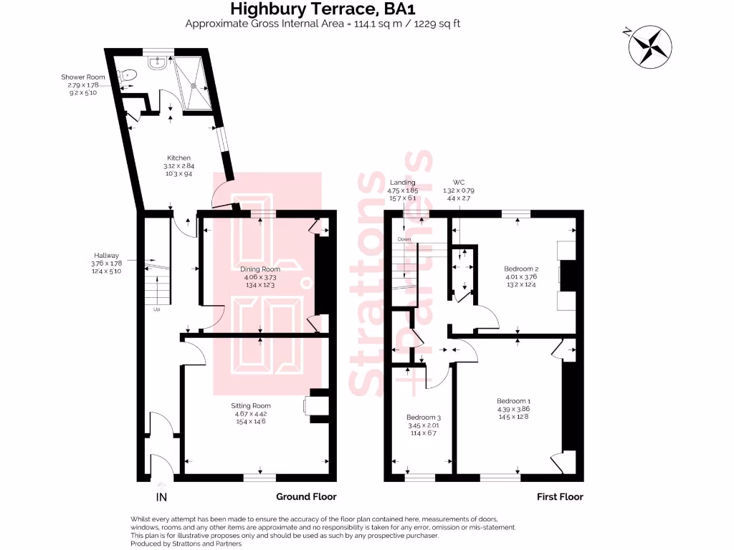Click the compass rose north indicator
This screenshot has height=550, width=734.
(649, 46)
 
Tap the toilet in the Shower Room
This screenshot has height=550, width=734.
(128, 74)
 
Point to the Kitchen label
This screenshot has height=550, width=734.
(178, 158)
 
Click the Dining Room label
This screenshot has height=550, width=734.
(259, 269)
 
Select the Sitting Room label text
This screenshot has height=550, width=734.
(252, 405)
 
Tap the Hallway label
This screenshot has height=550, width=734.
(105, 256)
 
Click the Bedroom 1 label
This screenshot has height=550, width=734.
(514, 400)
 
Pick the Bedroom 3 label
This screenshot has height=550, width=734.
(424, 417)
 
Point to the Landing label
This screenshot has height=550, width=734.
(402, 183)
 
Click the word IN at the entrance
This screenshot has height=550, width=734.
(162, 497)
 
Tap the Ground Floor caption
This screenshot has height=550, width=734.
(306, 496)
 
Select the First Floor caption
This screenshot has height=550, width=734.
(560, 496)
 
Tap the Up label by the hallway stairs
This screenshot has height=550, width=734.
(157, 310)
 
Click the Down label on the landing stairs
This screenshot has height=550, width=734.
(405, 238)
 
